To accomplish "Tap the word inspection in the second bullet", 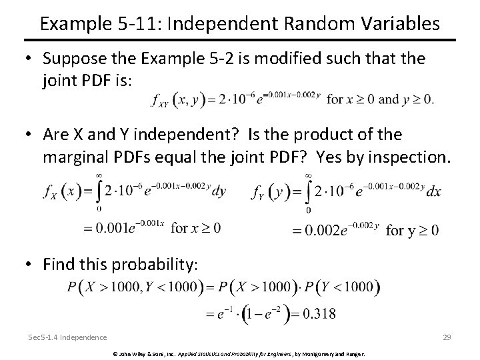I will click(405, 157).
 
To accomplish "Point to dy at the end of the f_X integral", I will click(219, 192).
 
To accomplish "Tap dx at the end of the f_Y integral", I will click(433, 192).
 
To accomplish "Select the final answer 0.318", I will click(317, 312).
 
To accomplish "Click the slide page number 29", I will click(447, 337).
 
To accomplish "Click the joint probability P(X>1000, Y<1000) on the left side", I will click(134, 287).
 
